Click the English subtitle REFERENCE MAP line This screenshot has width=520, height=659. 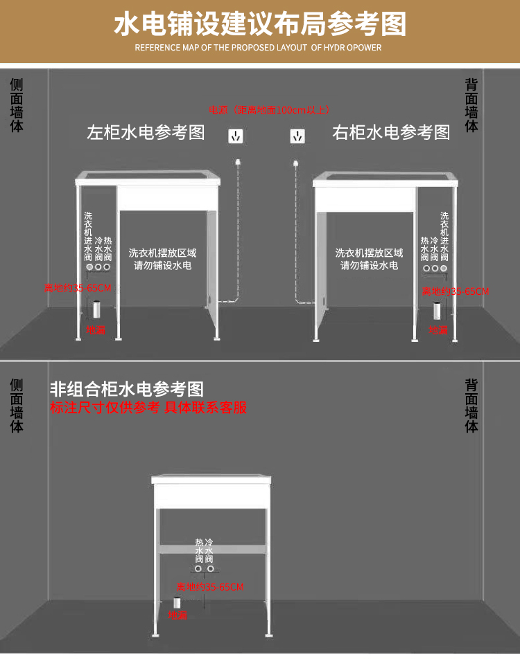coord(258,48)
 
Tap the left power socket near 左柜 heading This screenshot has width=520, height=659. coord(236,136)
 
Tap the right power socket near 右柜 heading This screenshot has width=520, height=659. coord(297,136)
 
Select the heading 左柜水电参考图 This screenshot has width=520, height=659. coord(146,132)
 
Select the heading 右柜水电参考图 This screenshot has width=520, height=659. coord(391,132)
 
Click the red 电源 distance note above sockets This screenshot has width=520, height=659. coord(269,110)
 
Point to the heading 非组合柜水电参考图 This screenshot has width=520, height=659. coord(127,389)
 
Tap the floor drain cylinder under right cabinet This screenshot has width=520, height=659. coord(437,309)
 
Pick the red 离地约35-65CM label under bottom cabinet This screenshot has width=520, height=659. coord(210,587)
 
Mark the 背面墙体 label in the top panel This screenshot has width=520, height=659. coord(471,105)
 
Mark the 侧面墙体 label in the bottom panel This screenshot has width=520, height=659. coord(17,406)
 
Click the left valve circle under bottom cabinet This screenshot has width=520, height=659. coord(198,569)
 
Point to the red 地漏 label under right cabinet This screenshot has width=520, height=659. coord(438,330)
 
